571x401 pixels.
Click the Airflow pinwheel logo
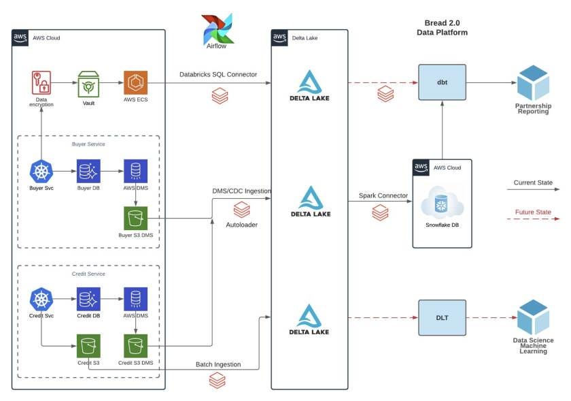tap(217, 28)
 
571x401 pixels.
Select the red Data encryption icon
tap(41, 83)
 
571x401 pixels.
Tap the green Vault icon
tap(88, 83)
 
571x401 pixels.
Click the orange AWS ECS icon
tap(135, 83)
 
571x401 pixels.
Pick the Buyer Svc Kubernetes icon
tap(41, 171)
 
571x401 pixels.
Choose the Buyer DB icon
tap(88, 171)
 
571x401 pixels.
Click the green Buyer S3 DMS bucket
tap(135, 218)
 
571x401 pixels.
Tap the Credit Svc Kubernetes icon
tap(41, 299)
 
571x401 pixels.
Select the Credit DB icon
tap(88, 299)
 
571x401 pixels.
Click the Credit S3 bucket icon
tap(88, 345)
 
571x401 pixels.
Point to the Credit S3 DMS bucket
tap(135, 345)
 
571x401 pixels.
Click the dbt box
tap(442, 82)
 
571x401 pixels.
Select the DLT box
tap(442, 317)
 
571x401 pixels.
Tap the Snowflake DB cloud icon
tap(442, 205)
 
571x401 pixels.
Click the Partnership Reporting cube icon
tap(532, 83)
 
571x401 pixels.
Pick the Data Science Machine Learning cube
tap(532, 317)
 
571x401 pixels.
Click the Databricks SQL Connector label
tap(218, 74)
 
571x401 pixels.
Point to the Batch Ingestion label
tap(218, 364)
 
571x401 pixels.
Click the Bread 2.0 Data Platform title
tap(442, 27)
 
